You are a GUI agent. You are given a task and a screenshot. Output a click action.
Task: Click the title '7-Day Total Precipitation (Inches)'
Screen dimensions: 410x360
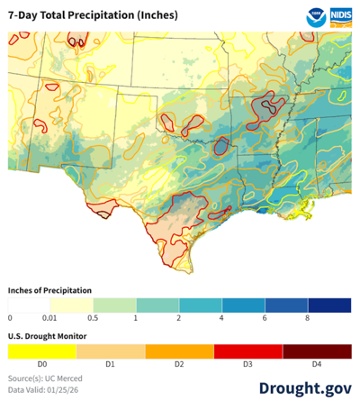(94, 16)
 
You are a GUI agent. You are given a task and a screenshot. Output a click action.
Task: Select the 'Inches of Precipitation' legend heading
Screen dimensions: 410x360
(52, 290)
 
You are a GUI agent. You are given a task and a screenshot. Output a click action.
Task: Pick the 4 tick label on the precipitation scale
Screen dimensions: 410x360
(222, 318)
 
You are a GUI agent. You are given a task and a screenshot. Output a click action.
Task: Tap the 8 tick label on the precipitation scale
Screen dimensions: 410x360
(308, 318)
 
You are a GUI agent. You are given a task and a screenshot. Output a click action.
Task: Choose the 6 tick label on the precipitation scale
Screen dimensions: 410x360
(265, 318)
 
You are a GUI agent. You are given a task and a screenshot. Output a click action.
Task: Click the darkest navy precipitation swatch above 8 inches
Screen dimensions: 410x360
(329, 305)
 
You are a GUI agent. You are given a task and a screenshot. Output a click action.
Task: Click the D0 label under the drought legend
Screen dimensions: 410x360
(42, 364)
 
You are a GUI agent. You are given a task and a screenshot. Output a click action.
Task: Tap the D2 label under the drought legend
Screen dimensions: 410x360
(179, 364)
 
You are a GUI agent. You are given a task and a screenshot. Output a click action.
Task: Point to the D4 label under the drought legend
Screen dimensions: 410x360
(317, 364)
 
